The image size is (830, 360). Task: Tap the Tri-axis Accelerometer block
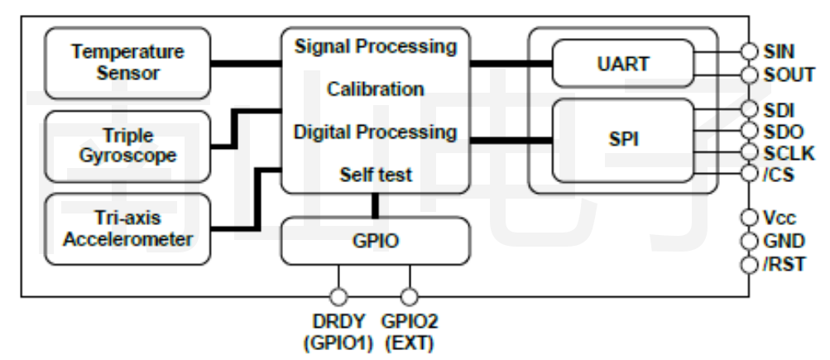128,229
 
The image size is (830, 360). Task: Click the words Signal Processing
375,46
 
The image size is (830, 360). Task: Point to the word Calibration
375,89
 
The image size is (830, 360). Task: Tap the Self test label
375,175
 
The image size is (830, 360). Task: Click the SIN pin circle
749,51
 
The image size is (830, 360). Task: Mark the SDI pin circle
749,109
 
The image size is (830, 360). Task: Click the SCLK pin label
789,152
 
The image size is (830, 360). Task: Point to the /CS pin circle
749,174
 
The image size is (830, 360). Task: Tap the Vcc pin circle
749,218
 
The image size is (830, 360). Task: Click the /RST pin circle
749,265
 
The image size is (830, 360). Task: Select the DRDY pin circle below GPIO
338,296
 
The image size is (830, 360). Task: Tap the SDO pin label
783,131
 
